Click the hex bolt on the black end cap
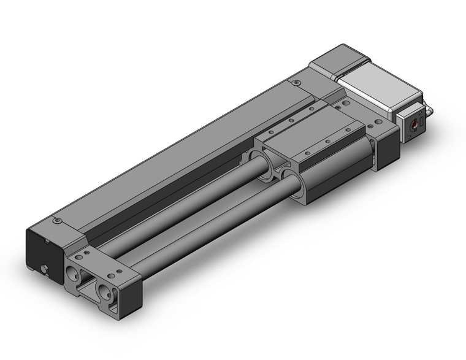pos(45,268)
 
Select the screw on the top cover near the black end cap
pos(58,220)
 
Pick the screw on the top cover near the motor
pos(297,82)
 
